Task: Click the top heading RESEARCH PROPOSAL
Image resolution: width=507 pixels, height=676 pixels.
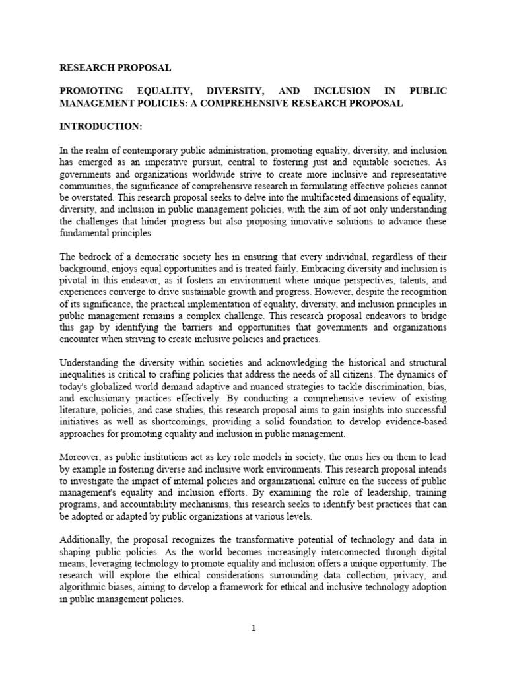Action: [116, 68]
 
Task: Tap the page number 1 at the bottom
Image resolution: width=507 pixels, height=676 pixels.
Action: [253, 628]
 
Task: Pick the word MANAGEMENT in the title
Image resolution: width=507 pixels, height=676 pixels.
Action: [100, 103]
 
